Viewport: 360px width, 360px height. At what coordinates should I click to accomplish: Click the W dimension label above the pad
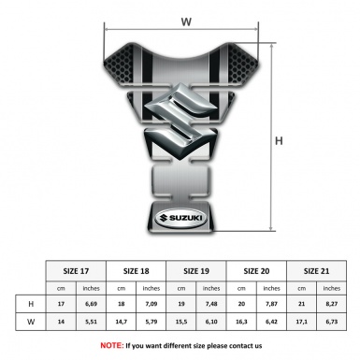click(x=185, y=18)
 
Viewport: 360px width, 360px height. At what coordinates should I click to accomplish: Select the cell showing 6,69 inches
click(x=93, y=305)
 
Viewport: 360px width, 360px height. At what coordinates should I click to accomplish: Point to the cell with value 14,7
click(x=122, y=324)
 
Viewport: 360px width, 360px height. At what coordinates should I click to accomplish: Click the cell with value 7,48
click(x=212, y=305)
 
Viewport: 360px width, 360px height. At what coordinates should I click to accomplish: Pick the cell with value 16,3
click(x=242, y=324)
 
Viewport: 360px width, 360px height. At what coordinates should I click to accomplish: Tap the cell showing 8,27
click(x=330, y=305)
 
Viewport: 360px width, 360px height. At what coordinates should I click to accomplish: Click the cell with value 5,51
click(x=93, y=324)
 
